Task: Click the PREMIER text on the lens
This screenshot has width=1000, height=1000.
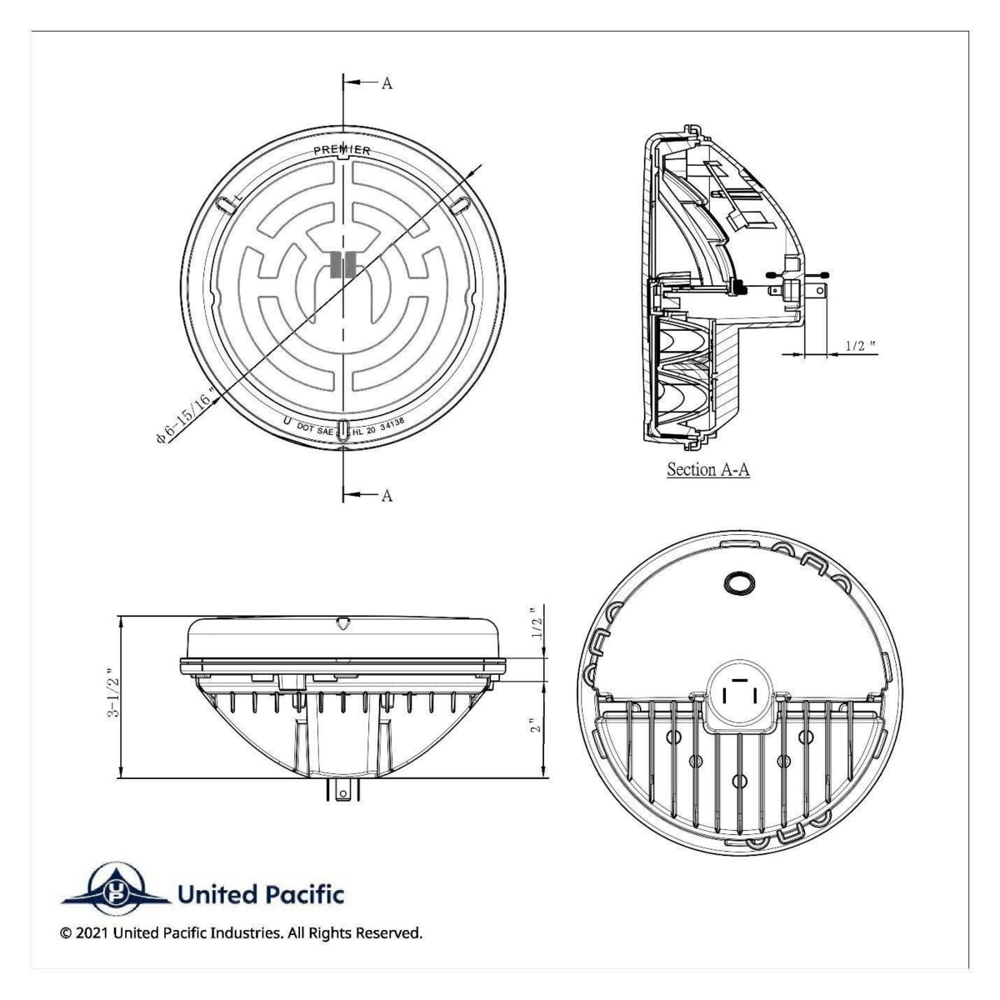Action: (x=342, y=151)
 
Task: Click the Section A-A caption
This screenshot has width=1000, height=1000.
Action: (x=708, y=469)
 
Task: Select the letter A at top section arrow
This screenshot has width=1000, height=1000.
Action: (x=387, y=83)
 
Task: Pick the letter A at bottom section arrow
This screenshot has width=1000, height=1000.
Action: (x=387, y=495)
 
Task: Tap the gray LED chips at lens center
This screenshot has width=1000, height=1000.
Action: (x=343, y=263)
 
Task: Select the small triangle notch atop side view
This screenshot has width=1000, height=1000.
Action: (x=342, y=622)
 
